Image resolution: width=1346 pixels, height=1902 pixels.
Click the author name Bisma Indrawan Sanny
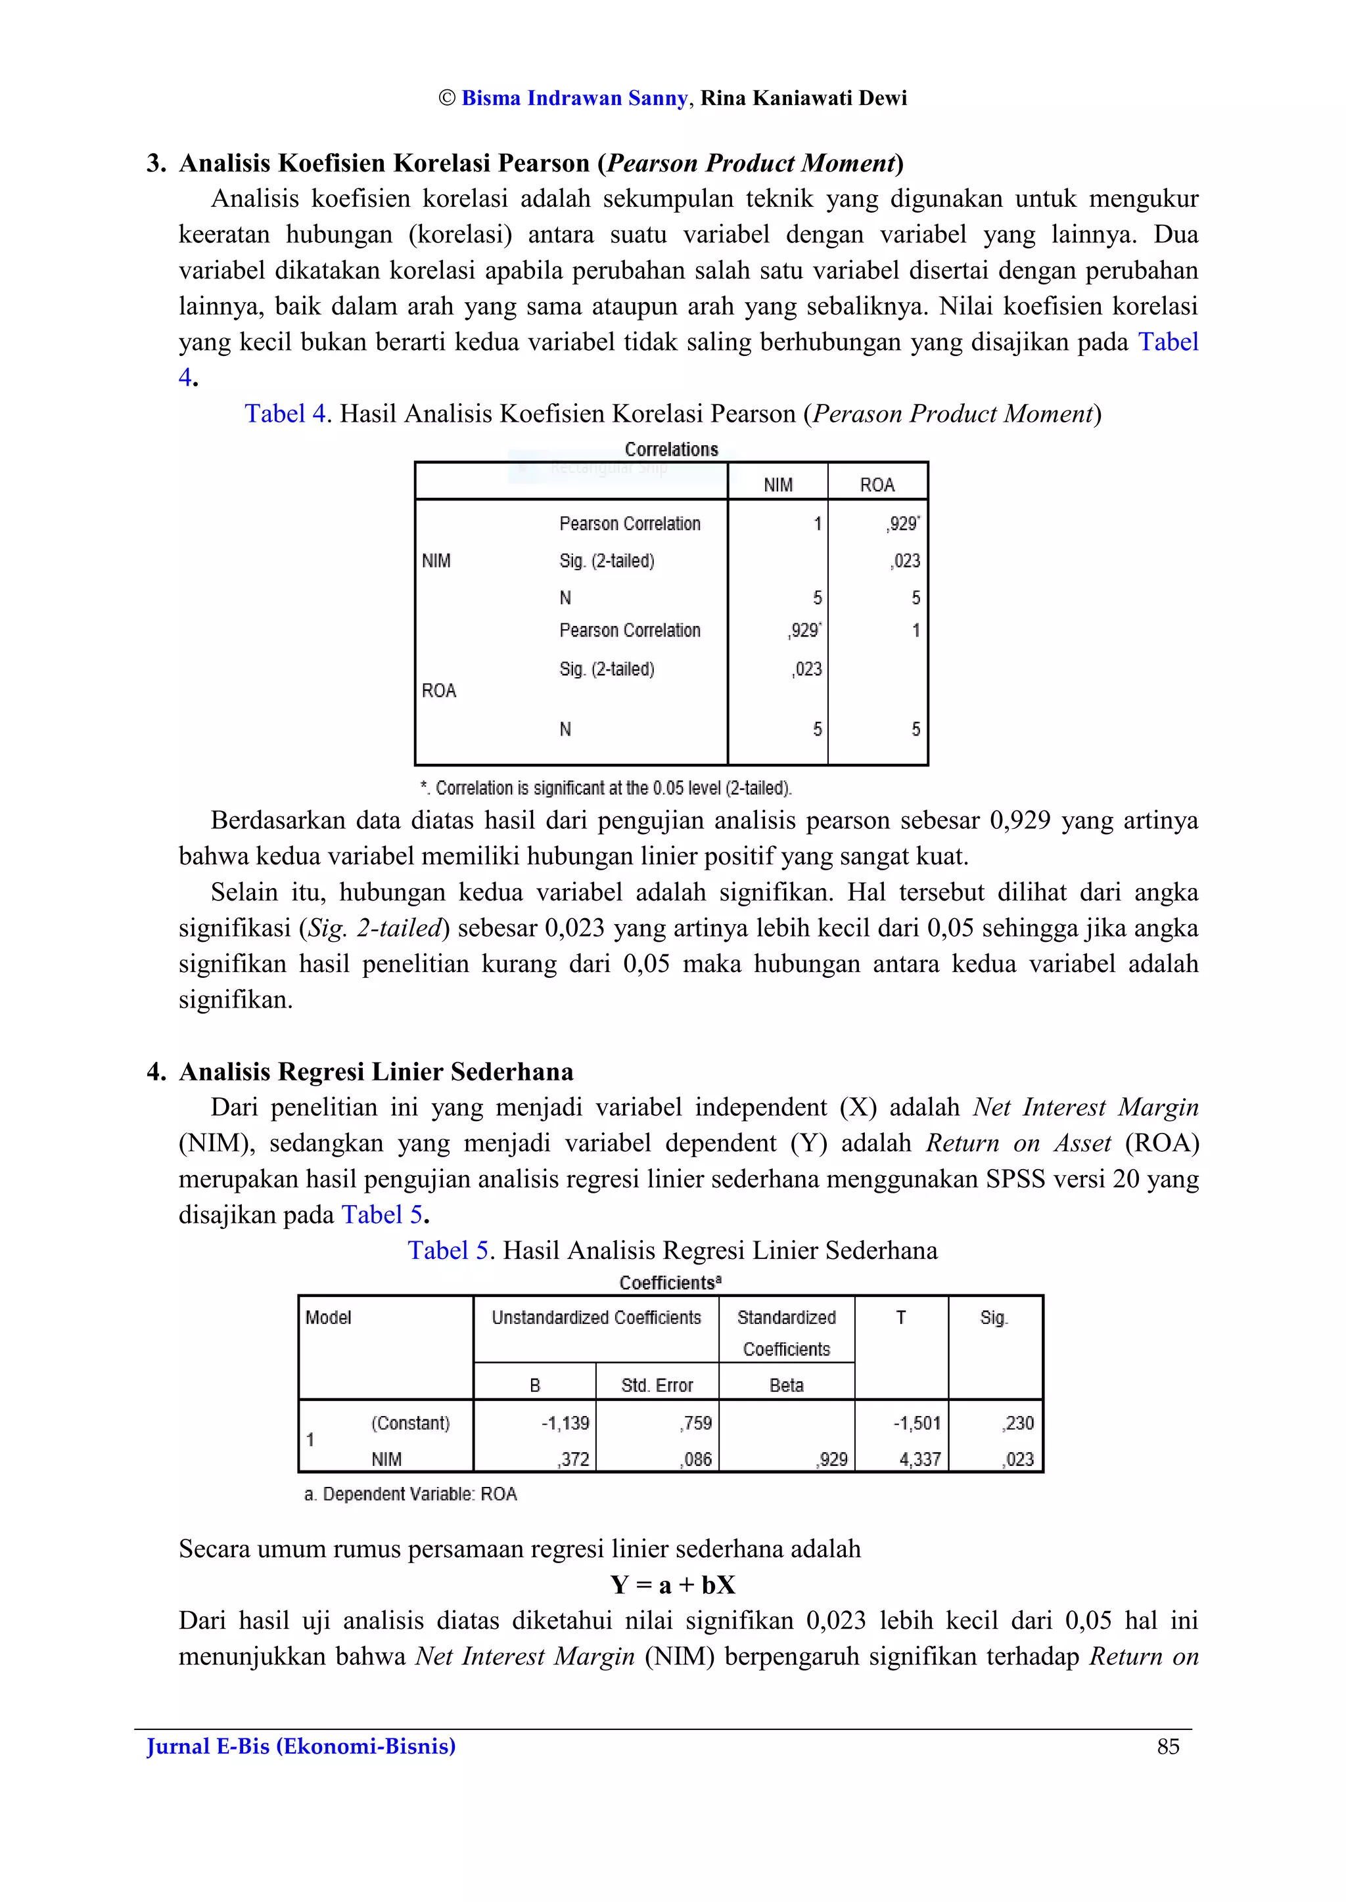[x=574, y=99]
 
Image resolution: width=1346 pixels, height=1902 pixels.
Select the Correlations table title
[x=671, y=450]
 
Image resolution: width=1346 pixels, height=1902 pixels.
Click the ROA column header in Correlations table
[x=877, y=485]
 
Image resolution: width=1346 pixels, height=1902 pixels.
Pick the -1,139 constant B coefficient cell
[x=565, y=1423]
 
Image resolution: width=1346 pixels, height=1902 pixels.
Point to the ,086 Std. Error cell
[x=696, y=1459]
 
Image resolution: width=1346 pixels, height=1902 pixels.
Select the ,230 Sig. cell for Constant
[x=1018, y=1423]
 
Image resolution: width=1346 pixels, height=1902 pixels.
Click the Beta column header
[x=786, y=1385]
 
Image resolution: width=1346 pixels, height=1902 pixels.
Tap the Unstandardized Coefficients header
[x=596, y=1318]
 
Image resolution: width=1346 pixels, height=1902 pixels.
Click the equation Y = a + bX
[x=672, y=1585]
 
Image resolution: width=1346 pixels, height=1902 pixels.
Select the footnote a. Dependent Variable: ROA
[x=410, y=1494]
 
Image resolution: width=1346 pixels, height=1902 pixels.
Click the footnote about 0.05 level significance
[x=606, y=788]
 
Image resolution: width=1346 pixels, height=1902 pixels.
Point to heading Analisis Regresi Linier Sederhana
[x=375, y=1072]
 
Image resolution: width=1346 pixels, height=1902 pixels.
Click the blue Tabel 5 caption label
[x=448, y=1250]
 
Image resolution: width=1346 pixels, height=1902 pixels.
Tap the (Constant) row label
[x=410, y=1423]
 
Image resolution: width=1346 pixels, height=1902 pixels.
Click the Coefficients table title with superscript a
[x=670, y=1283]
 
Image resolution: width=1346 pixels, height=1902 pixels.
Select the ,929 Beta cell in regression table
[x=833, y=1459]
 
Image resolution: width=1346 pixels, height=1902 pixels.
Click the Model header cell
[x=328, y=1318]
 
